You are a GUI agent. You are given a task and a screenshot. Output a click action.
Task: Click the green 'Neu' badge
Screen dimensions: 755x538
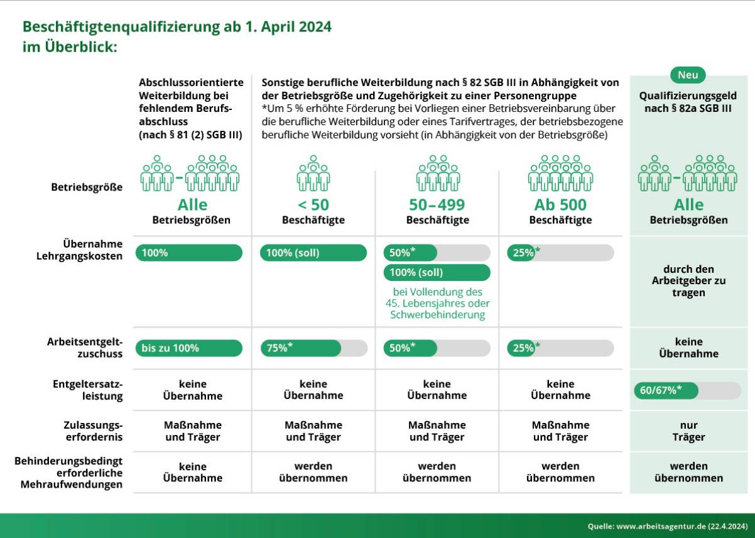click(x=688, y=75)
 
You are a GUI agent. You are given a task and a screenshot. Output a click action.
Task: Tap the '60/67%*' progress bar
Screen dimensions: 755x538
click(x=688, y=390)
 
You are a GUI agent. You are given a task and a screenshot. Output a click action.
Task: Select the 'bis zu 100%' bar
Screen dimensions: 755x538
click(x=188, y=348)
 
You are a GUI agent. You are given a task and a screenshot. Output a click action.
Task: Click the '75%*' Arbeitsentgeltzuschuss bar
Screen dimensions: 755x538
click(x=314, y=348)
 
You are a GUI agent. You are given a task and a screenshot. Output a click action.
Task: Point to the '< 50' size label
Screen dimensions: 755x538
click(x=313, y=205)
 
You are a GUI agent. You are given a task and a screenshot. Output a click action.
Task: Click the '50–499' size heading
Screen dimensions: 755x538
click(x=437, y=205)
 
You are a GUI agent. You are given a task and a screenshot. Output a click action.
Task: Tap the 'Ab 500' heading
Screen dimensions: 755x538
click(x=560, y=205)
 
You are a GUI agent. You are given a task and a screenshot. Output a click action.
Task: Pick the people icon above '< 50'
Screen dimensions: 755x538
click(x=313, y=173)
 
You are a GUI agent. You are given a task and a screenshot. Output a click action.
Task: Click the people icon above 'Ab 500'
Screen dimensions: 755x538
click(x=560, y=173)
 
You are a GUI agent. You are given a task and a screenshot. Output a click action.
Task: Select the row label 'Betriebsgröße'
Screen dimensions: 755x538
click(x=87, y=187)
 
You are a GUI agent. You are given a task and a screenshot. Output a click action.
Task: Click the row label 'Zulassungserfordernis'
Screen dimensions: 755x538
click(x=93, y=431)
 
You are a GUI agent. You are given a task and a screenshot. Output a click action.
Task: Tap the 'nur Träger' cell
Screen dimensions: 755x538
click(x=688, y=431)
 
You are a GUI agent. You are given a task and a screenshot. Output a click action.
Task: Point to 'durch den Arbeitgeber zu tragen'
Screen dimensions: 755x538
click(x=688, y=281)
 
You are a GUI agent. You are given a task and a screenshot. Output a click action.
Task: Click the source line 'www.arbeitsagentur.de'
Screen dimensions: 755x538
click(x=661, y=527)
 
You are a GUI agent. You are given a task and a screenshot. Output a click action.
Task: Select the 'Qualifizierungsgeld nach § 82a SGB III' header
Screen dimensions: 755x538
click(x=688, y=102)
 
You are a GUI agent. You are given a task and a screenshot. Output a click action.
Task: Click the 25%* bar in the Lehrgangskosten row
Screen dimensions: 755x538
click(x=560, y=253)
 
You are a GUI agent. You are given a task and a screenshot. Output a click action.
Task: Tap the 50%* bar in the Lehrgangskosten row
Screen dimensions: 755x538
click(x=437, y=253)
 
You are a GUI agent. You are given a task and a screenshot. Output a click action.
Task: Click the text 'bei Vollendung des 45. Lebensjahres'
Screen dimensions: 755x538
click(x=438, y=297)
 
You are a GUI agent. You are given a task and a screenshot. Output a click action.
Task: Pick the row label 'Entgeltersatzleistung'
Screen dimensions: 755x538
click(x=88, y=390)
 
